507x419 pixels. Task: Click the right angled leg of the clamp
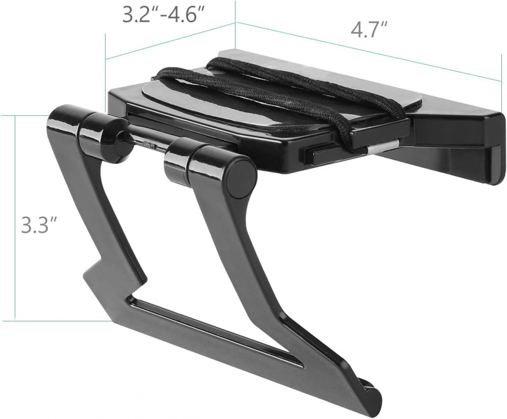(239, 243)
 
